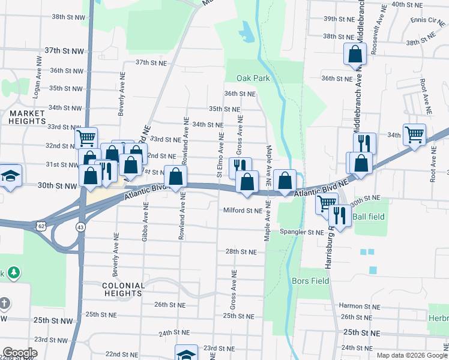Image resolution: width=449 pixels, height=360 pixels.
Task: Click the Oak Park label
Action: point(253,78)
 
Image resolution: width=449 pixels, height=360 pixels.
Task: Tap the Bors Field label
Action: point(310,280)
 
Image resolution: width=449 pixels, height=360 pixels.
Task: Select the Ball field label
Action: point(367,217)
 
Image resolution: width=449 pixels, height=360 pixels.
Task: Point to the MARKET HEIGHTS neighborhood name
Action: point(27,117)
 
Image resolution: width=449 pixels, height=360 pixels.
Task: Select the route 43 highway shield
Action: point(80,227)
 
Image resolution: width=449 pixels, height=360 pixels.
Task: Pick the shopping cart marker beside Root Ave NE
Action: point(414,134)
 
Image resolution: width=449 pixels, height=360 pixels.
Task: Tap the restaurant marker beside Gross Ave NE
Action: point(240,167)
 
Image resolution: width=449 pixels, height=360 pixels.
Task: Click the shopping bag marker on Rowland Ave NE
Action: point(175,176)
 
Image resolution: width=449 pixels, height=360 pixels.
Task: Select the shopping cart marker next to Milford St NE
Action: point(326,203)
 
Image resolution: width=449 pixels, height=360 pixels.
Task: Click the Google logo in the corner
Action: point(20,353)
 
